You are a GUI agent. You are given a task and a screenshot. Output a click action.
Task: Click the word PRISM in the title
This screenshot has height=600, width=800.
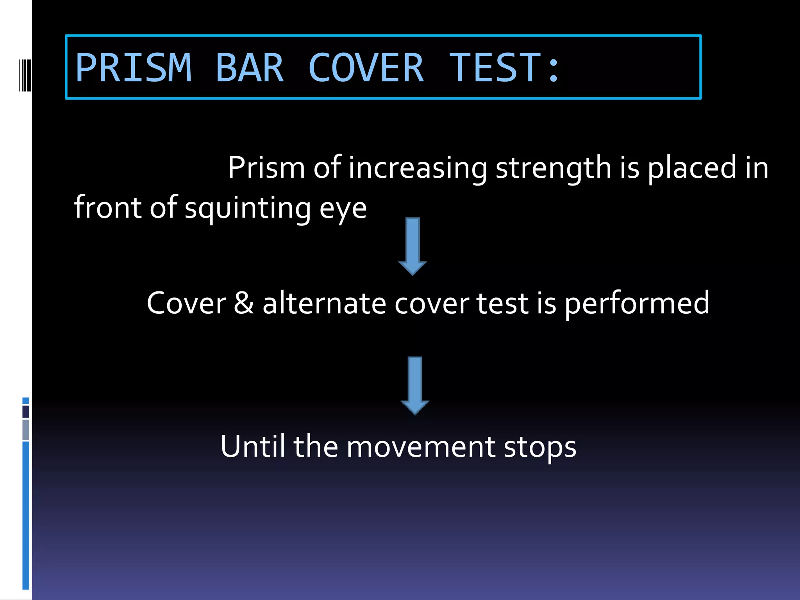tap(134, 68)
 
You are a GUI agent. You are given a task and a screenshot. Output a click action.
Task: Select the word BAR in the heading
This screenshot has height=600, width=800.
tap(249, 68)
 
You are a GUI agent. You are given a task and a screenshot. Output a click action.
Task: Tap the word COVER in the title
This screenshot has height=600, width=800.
tap(366, 68)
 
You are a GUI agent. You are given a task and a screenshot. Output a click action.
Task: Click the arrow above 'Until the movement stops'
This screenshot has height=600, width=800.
tap(415, 385)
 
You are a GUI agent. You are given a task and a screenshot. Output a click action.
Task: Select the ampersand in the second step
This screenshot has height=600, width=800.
tap(244, 303)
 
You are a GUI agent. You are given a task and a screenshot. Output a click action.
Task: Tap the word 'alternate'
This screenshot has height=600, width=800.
tap(324, 303)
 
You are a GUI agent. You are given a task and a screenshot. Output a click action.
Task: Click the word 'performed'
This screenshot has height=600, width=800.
tap(637, 304)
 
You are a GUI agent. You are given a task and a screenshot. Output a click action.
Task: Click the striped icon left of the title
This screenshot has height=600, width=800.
tap(25, 75)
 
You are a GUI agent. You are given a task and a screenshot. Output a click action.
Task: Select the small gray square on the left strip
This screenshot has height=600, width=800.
tap(26, 430)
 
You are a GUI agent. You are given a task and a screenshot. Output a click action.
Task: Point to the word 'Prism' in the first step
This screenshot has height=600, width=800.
tap(266, 168)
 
